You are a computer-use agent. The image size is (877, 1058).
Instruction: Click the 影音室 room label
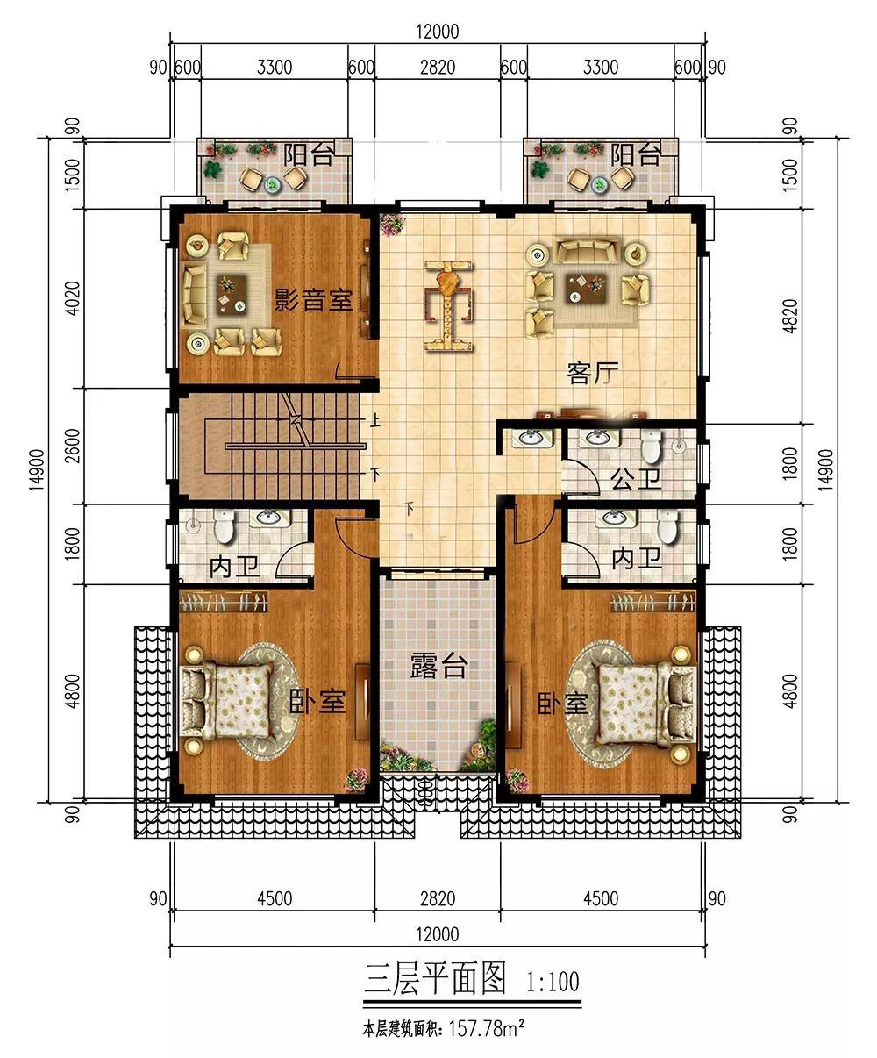point(314,299)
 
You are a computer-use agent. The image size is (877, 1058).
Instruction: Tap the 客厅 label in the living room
point(593,374)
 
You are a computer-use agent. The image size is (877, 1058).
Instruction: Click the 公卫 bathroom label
point(637,478)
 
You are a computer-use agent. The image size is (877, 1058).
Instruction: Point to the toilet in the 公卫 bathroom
point(650,446)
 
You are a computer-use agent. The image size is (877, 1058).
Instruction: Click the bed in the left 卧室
point(228,701)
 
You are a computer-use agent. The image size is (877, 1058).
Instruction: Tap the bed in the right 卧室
point(646,702)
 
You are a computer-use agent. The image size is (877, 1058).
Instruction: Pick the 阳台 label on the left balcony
point(308,154)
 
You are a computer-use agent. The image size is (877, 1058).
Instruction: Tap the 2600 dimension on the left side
point(74,446)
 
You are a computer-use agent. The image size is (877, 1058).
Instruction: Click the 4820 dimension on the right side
point(790,316)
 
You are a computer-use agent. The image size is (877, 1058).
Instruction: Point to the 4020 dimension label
point(74,298)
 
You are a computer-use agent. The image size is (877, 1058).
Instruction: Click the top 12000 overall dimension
point(438,32)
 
